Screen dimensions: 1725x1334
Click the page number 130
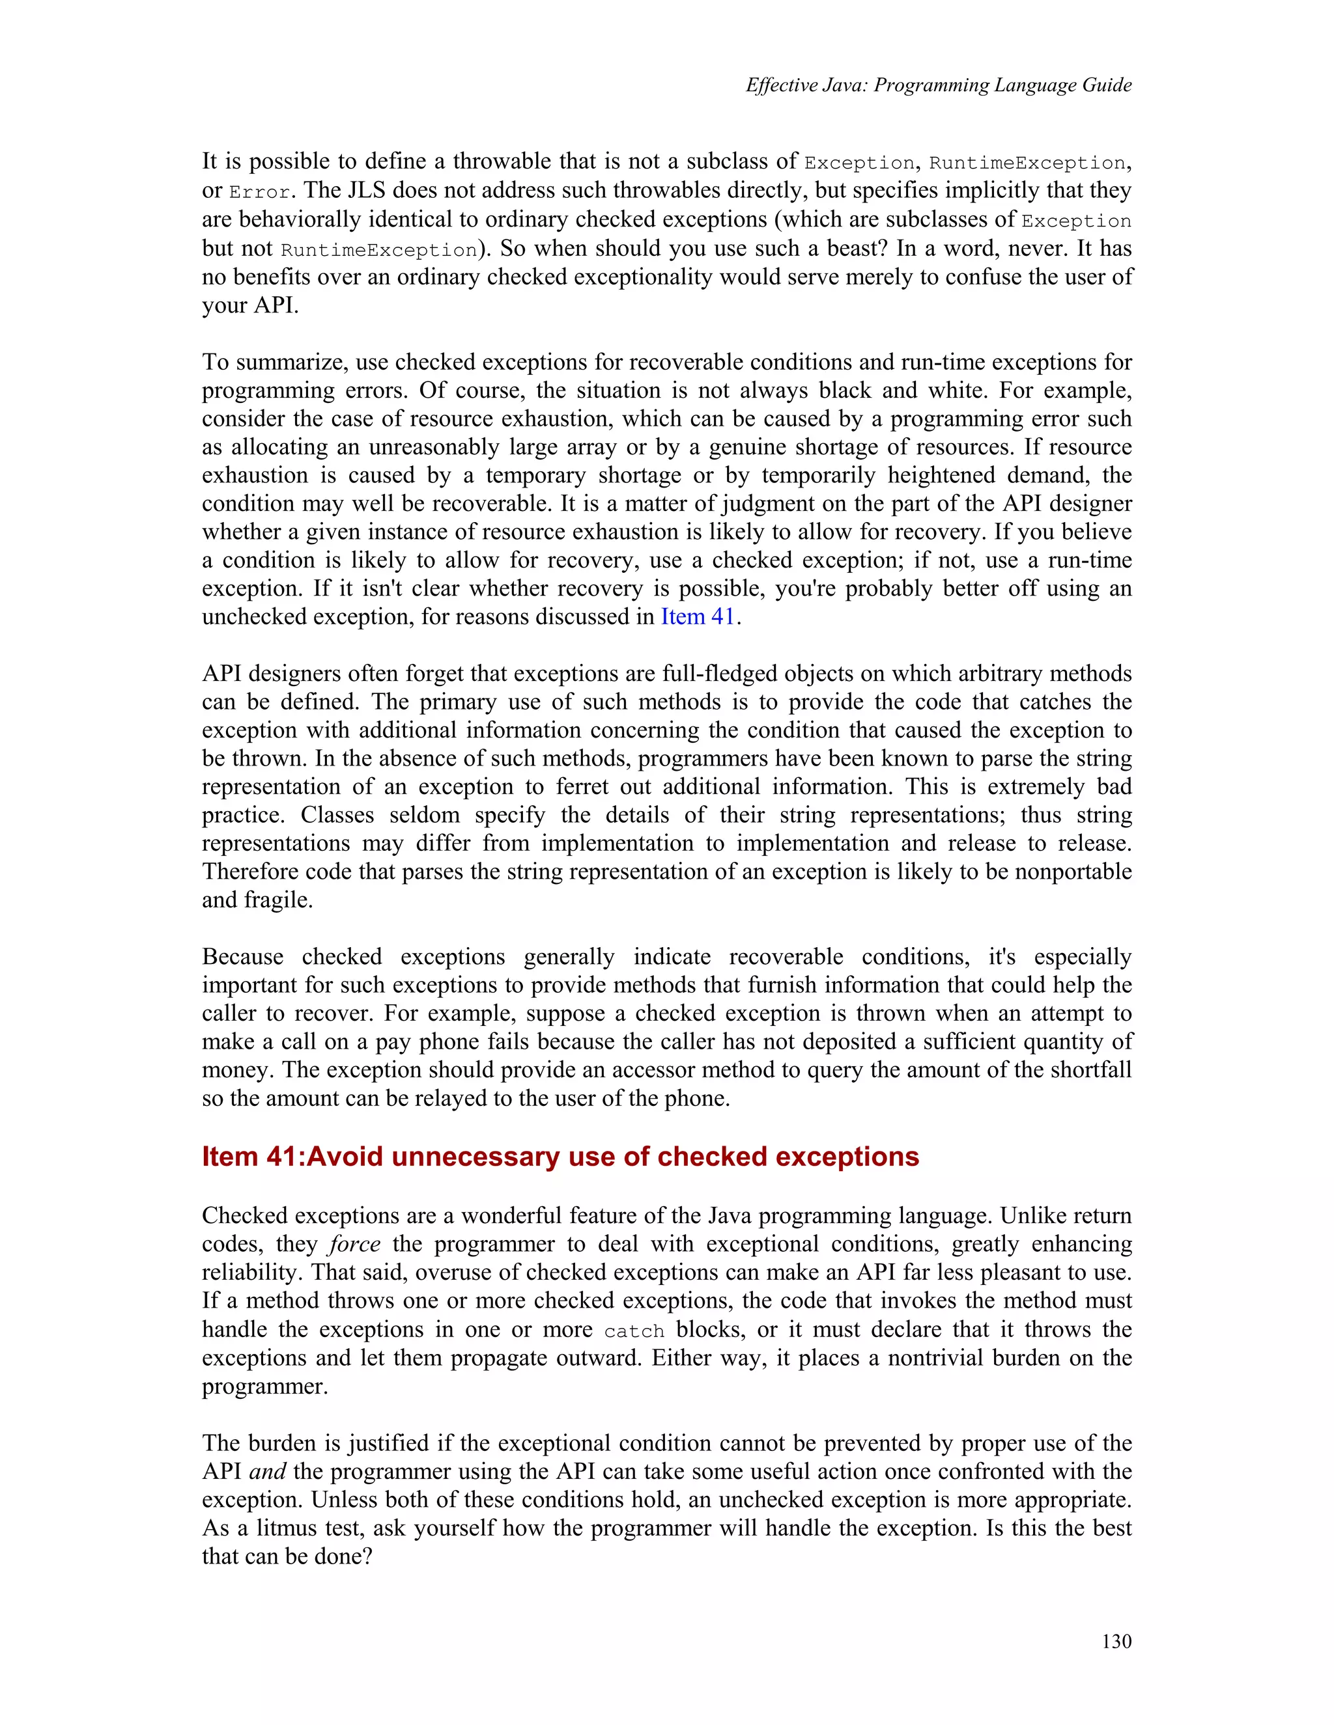1116,1641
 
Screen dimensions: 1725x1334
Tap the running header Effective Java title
938,85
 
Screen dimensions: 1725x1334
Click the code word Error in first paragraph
259,192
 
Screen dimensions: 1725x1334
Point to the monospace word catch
634,1332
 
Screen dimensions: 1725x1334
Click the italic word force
355,1244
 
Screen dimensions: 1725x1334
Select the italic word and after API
267,1472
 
